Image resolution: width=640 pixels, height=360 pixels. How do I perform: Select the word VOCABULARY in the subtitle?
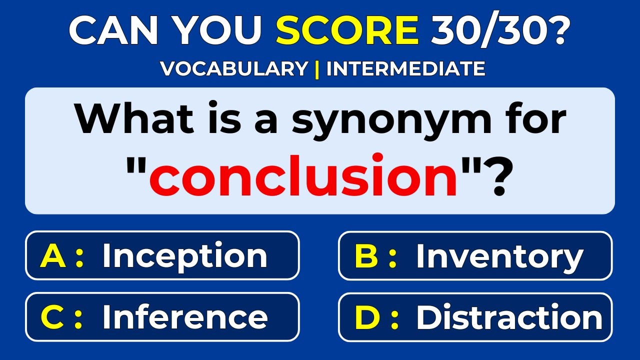234,69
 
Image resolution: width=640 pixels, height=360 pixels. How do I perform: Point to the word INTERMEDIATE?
405,69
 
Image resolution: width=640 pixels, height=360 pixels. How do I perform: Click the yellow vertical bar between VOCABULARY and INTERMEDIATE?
317,69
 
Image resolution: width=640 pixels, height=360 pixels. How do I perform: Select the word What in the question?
133,120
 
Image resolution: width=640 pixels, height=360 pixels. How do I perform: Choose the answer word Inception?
184,256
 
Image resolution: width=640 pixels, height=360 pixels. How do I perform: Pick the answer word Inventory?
499,256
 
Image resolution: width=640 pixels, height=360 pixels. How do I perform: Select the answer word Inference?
184,317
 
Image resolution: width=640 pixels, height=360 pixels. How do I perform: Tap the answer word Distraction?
509,317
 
